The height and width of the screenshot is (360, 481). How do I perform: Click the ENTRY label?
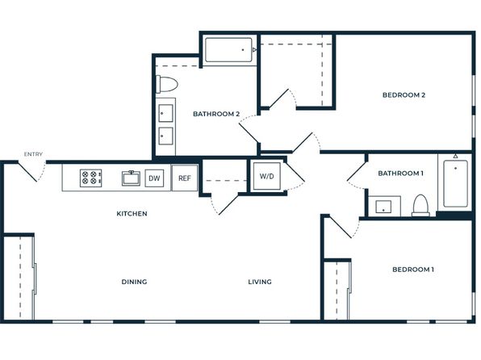[x=33, y=154]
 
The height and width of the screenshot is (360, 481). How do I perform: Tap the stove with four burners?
[x=91, y=178]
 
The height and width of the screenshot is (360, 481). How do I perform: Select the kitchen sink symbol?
[x=131, y=178]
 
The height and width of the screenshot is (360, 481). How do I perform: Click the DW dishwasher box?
[x=154, y=178]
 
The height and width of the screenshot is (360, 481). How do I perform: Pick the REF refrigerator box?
[x=185, y=178]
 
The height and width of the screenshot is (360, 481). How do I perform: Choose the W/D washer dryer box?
[x=266, y=176]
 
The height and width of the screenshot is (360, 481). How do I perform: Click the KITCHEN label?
[x=132, y=214]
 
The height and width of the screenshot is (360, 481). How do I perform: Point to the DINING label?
[x=134, y=282]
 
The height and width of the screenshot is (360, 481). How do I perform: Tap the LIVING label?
[x=260, y=282]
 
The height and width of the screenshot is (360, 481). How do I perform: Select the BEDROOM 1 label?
[x=413, y=270]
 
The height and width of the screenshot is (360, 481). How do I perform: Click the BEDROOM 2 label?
[x=404, y=95]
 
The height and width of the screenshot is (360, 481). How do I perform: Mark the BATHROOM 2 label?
[x=216, y=114]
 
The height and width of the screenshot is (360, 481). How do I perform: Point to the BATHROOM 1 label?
[x=400, y=174]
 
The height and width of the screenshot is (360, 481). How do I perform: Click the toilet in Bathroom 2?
[x=167, y=84]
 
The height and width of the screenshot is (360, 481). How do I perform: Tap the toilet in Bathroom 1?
[x=420, y=205]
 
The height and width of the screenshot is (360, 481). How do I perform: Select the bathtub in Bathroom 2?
[x=229, y=50]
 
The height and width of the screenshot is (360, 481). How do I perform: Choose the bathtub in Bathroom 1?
[x=455, y=183]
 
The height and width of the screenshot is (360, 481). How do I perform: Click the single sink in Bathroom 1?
[x=383, y=207]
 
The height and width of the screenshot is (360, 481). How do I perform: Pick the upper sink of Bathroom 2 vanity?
[x=165, y=113]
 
